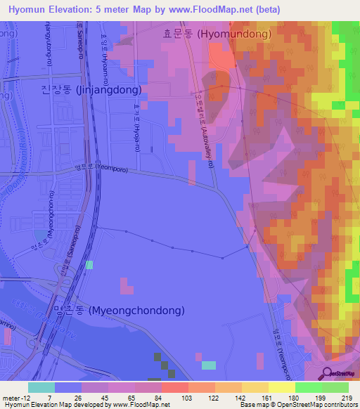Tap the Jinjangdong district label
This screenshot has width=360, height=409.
click(x=91, y=90)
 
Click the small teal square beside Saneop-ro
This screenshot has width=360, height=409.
click(x=89, y=265)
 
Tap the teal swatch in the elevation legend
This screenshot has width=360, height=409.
click(x=41, y=387)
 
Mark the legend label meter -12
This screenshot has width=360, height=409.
click(x=15, y=398)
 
